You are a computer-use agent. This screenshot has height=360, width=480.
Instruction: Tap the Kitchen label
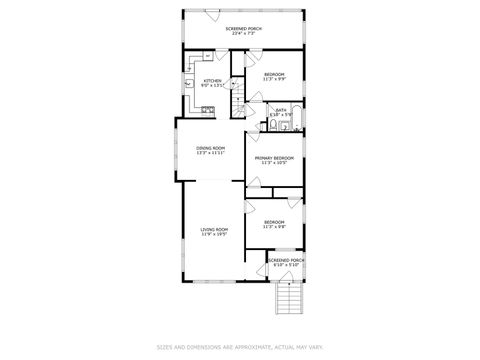[x=212, y=81]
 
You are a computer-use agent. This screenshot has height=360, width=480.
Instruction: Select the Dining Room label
[x=210, y=148]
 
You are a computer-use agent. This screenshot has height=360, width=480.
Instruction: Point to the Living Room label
[x=214, y=229]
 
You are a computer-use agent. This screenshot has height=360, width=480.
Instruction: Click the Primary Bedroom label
[x=274, y=157]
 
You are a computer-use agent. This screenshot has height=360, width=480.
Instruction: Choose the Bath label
[x=281, y=110]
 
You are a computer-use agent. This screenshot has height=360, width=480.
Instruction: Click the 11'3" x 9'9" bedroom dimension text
[x=274, y=79]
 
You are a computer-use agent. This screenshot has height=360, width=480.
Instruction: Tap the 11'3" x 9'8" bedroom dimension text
[x=274, y=227]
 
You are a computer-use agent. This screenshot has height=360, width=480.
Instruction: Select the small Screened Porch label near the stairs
[x=286, y=260]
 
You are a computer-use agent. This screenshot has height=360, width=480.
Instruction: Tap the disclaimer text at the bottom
[x=240, y=347]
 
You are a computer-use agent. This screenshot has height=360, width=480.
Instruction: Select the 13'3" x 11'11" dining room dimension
[x=210, y=153]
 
